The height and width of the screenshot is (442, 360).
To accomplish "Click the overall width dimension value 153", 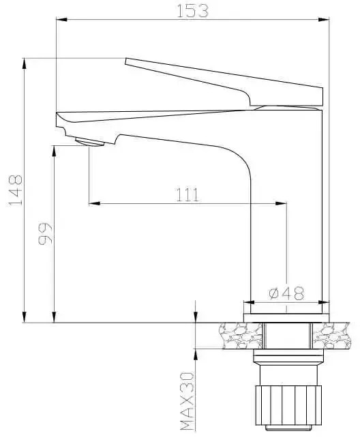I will (x=192, y=10).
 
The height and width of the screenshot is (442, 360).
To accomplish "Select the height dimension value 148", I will (x=16, y=190).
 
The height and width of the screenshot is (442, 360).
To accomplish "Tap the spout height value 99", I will (x=45, y=233).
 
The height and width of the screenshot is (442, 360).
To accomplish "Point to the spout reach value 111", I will (x=187, y=194).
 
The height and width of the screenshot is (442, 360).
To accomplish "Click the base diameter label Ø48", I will (x=286, y=293).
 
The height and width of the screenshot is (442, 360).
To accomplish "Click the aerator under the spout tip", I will (x=89, y=142).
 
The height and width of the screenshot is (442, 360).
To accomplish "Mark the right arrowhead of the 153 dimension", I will (x=325, y=20).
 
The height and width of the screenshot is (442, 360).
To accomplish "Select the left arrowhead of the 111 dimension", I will (x=94, y=203).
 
